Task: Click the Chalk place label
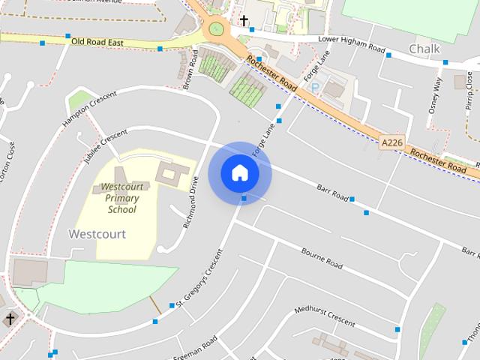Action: (424, 49)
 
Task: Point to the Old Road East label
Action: (98, 42)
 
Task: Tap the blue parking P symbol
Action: (315, 87)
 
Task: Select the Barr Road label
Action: (332, 192)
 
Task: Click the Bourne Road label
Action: (322, 258)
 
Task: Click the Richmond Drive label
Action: (191, 202)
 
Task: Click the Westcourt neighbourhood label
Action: (97, 234)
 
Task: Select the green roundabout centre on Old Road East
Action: (217, 29)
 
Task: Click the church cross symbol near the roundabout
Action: (244, 20)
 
